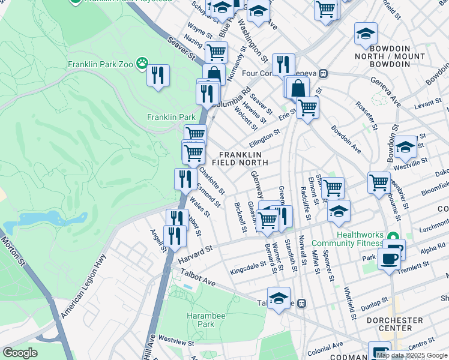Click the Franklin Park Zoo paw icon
coord(142,63)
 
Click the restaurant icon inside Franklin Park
coord(158,76)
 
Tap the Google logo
coord(20,353)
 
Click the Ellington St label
coord(265,138)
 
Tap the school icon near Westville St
coord(405,146)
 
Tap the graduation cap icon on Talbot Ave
coord(279,298)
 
